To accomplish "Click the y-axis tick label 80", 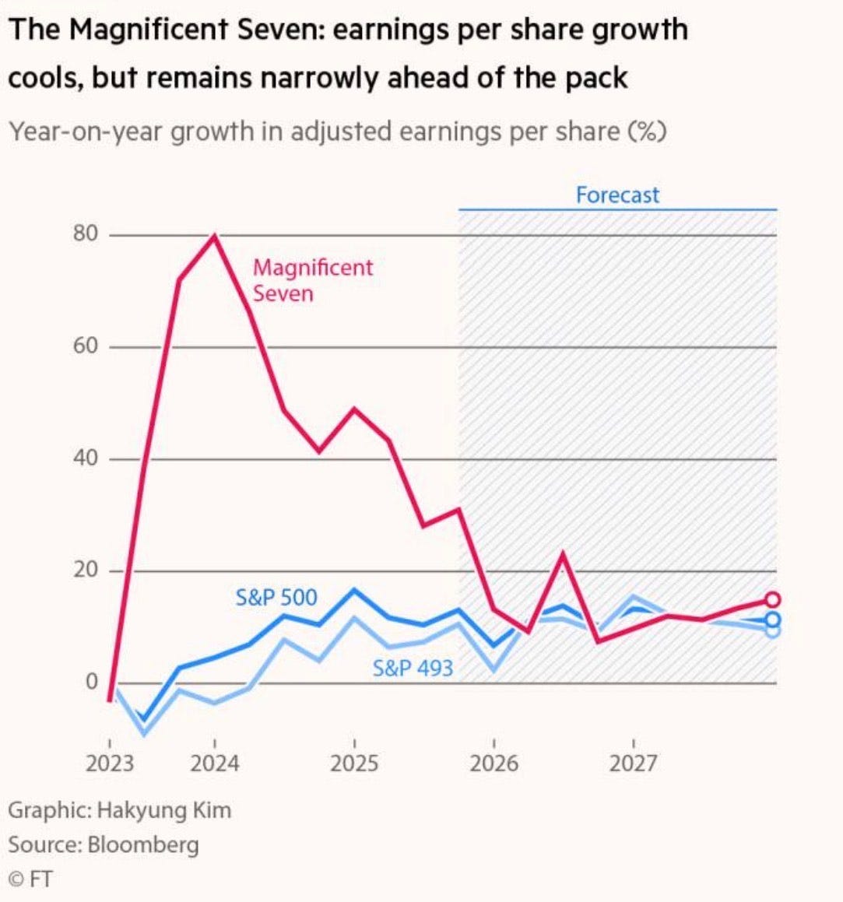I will point(86,234).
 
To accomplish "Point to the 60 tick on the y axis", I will point(86,346).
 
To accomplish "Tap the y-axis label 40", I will point(86,458).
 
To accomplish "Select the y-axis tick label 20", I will point(86,570).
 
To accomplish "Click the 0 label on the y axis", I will point(92,683).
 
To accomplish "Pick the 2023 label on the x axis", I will point(109,763).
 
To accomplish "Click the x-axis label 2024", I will point(215,763).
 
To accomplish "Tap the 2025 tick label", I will point(354,763).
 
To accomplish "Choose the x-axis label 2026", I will point(494,763).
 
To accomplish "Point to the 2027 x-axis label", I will point(633,763).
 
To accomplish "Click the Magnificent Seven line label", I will point(312,280).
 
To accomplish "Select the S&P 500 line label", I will point(276,598).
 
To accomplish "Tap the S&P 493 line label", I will point(413,668).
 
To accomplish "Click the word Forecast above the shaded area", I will point(617,195).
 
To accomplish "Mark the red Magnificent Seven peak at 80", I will point(215,236).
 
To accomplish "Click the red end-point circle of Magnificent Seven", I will point(772,599).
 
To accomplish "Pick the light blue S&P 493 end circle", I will point(772,630).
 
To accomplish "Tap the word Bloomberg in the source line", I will point(143,845).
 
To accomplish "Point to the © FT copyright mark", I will point(30,880).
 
